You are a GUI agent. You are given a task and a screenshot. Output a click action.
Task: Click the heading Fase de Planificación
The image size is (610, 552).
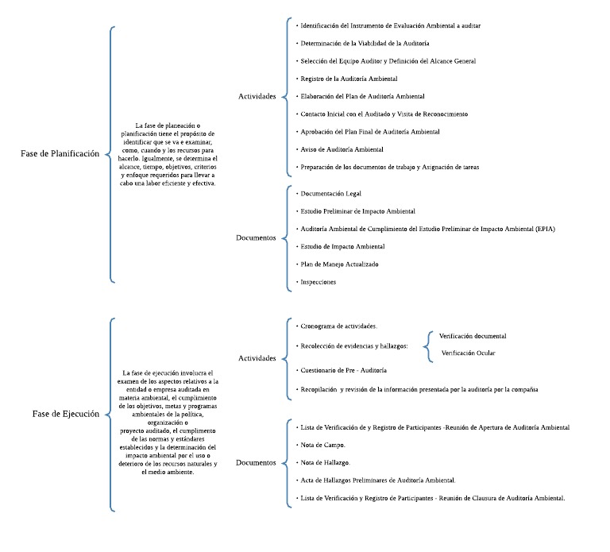[x=60, y=154]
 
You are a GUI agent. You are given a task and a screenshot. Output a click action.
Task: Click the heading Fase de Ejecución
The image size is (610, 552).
[x=66, y=414]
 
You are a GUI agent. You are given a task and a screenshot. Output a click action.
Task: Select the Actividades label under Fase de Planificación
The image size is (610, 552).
[x=257, y=96]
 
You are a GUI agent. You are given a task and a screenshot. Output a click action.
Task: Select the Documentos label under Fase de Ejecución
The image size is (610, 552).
[x=256, y=462]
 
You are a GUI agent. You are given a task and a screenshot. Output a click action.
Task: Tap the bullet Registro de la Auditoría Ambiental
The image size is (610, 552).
[x=349, y=79]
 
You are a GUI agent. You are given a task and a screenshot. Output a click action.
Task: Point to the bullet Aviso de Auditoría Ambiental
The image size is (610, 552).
[x=342, y=149]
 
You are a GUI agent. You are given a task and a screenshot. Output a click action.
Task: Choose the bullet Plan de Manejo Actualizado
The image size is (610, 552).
[x=340, y=264]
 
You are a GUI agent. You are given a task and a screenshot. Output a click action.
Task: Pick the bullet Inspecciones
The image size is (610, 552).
[x=319, y=282]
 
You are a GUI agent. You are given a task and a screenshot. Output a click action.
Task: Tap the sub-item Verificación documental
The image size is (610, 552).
[x=473, y=336]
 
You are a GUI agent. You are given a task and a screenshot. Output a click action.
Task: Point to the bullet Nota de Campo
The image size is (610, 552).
[x=323, y=445]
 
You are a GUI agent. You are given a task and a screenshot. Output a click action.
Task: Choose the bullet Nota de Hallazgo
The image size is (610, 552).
[x=326, y=462]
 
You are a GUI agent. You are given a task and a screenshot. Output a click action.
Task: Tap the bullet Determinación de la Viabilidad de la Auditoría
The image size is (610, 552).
[x=365, y=43]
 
